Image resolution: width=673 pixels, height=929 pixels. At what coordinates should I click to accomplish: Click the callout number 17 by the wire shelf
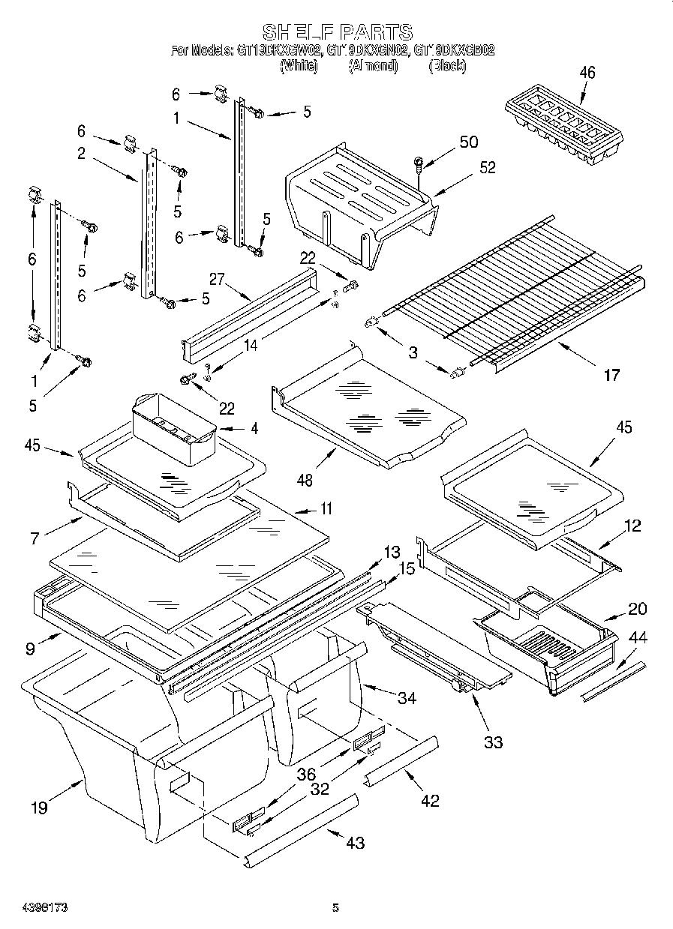point(611,374)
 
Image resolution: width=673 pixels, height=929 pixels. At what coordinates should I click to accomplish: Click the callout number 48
point(305,480)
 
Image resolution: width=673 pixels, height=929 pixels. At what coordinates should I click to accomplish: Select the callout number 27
point(218,280)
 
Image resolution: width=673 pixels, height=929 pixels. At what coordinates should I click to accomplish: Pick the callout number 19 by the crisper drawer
point(39,807)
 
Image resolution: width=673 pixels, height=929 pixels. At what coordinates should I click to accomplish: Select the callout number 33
point(493,742)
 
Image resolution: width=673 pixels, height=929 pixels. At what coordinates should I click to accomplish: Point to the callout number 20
point(637,609)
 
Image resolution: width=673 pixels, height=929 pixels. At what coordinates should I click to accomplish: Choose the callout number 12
point(632,526)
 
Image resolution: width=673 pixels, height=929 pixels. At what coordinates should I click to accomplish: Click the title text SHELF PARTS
point(337,32)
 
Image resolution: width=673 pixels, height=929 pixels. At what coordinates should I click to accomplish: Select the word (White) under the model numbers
point(299,66)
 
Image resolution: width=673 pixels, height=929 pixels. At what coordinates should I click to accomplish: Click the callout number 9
point(29,649)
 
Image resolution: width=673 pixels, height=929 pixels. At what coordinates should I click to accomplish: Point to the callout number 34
point(407,699)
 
